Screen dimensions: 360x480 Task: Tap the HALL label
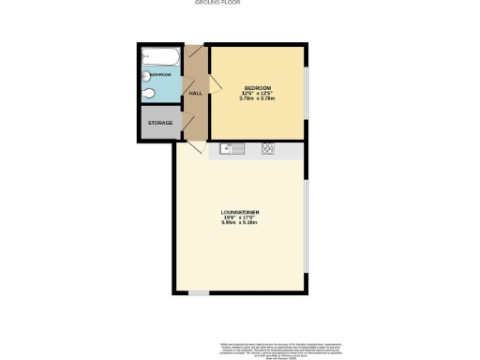[196, 94]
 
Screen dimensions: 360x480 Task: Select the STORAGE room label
[158, 123]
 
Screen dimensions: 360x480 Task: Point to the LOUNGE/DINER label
[239, 214]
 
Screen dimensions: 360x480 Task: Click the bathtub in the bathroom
[160, 56]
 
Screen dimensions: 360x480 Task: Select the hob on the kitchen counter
[268, 149]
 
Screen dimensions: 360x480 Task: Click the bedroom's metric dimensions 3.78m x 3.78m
[258, 97]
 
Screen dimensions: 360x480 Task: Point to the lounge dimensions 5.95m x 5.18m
[239, 223]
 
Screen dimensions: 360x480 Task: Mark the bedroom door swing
[214, 84]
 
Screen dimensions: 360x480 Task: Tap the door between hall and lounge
[195, 148]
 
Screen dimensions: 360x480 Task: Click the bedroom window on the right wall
[306, 94]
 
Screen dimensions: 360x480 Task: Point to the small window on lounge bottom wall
[198, 293]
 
